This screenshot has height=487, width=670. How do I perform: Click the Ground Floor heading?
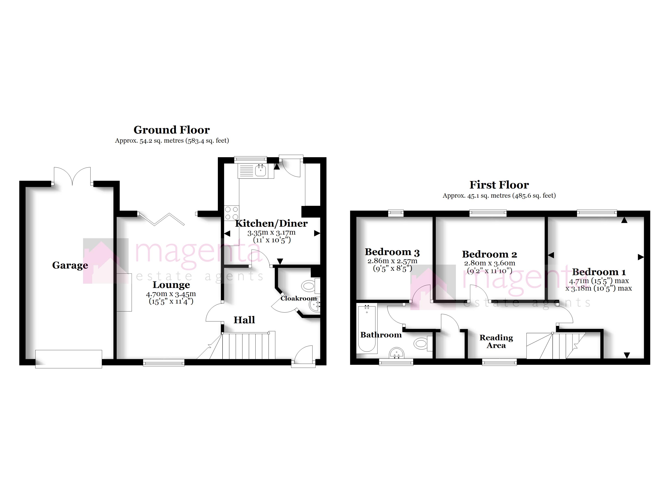(x=172, y=130)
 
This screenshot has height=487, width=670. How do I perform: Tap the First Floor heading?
(x=499, y=185)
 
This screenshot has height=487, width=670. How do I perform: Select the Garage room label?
(x=70, y=265)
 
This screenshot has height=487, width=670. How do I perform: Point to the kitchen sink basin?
(x=260, y=171)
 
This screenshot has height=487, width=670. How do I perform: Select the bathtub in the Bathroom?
(x=367, y=329)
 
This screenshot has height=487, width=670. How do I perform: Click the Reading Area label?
(x=496, y=341)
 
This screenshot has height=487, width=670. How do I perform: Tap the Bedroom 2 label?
(x=489, y=254)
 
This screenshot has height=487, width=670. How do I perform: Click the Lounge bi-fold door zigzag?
(x=161, y=219)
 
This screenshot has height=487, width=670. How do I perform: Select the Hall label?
(x=244, y=320)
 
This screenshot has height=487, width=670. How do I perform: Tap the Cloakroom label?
(x=298, y=298)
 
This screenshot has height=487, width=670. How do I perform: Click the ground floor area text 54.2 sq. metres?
(x=172, y=141)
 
